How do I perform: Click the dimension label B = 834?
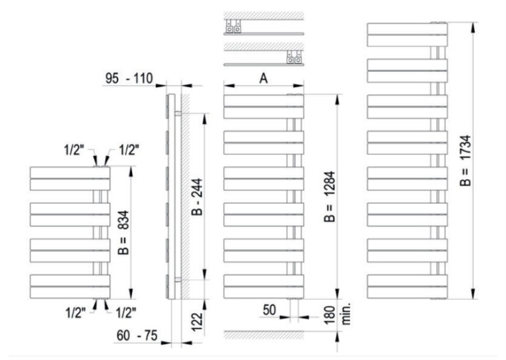[x=124, y=233]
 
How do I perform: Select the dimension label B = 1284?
[x=330, y=196]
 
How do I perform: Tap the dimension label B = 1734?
[x=466, y=161]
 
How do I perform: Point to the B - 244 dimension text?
[x=198, y=197]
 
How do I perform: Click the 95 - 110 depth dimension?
[x=129, y=79]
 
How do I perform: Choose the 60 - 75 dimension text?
[x=137, y=336]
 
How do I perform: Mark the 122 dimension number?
[x=197, y=321]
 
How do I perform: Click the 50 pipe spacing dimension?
[x=270, y=310]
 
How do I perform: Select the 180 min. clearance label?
[x=337, y=315]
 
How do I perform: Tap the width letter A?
[x=264, y=79]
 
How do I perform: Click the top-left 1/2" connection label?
[x=74, y=150]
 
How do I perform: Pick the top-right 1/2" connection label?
[x=129, y=150]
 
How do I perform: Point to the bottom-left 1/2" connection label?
[x=76, y=312]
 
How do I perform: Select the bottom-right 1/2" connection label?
[x=126, y=312]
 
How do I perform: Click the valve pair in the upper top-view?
[x=233, y=26]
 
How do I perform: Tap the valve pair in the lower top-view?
[x=295, y=57]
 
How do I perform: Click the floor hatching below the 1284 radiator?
[x=264, y=335]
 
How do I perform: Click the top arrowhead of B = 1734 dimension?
[x=474, y=28]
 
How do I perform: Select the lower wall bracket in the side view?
[x=178, y=279]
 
